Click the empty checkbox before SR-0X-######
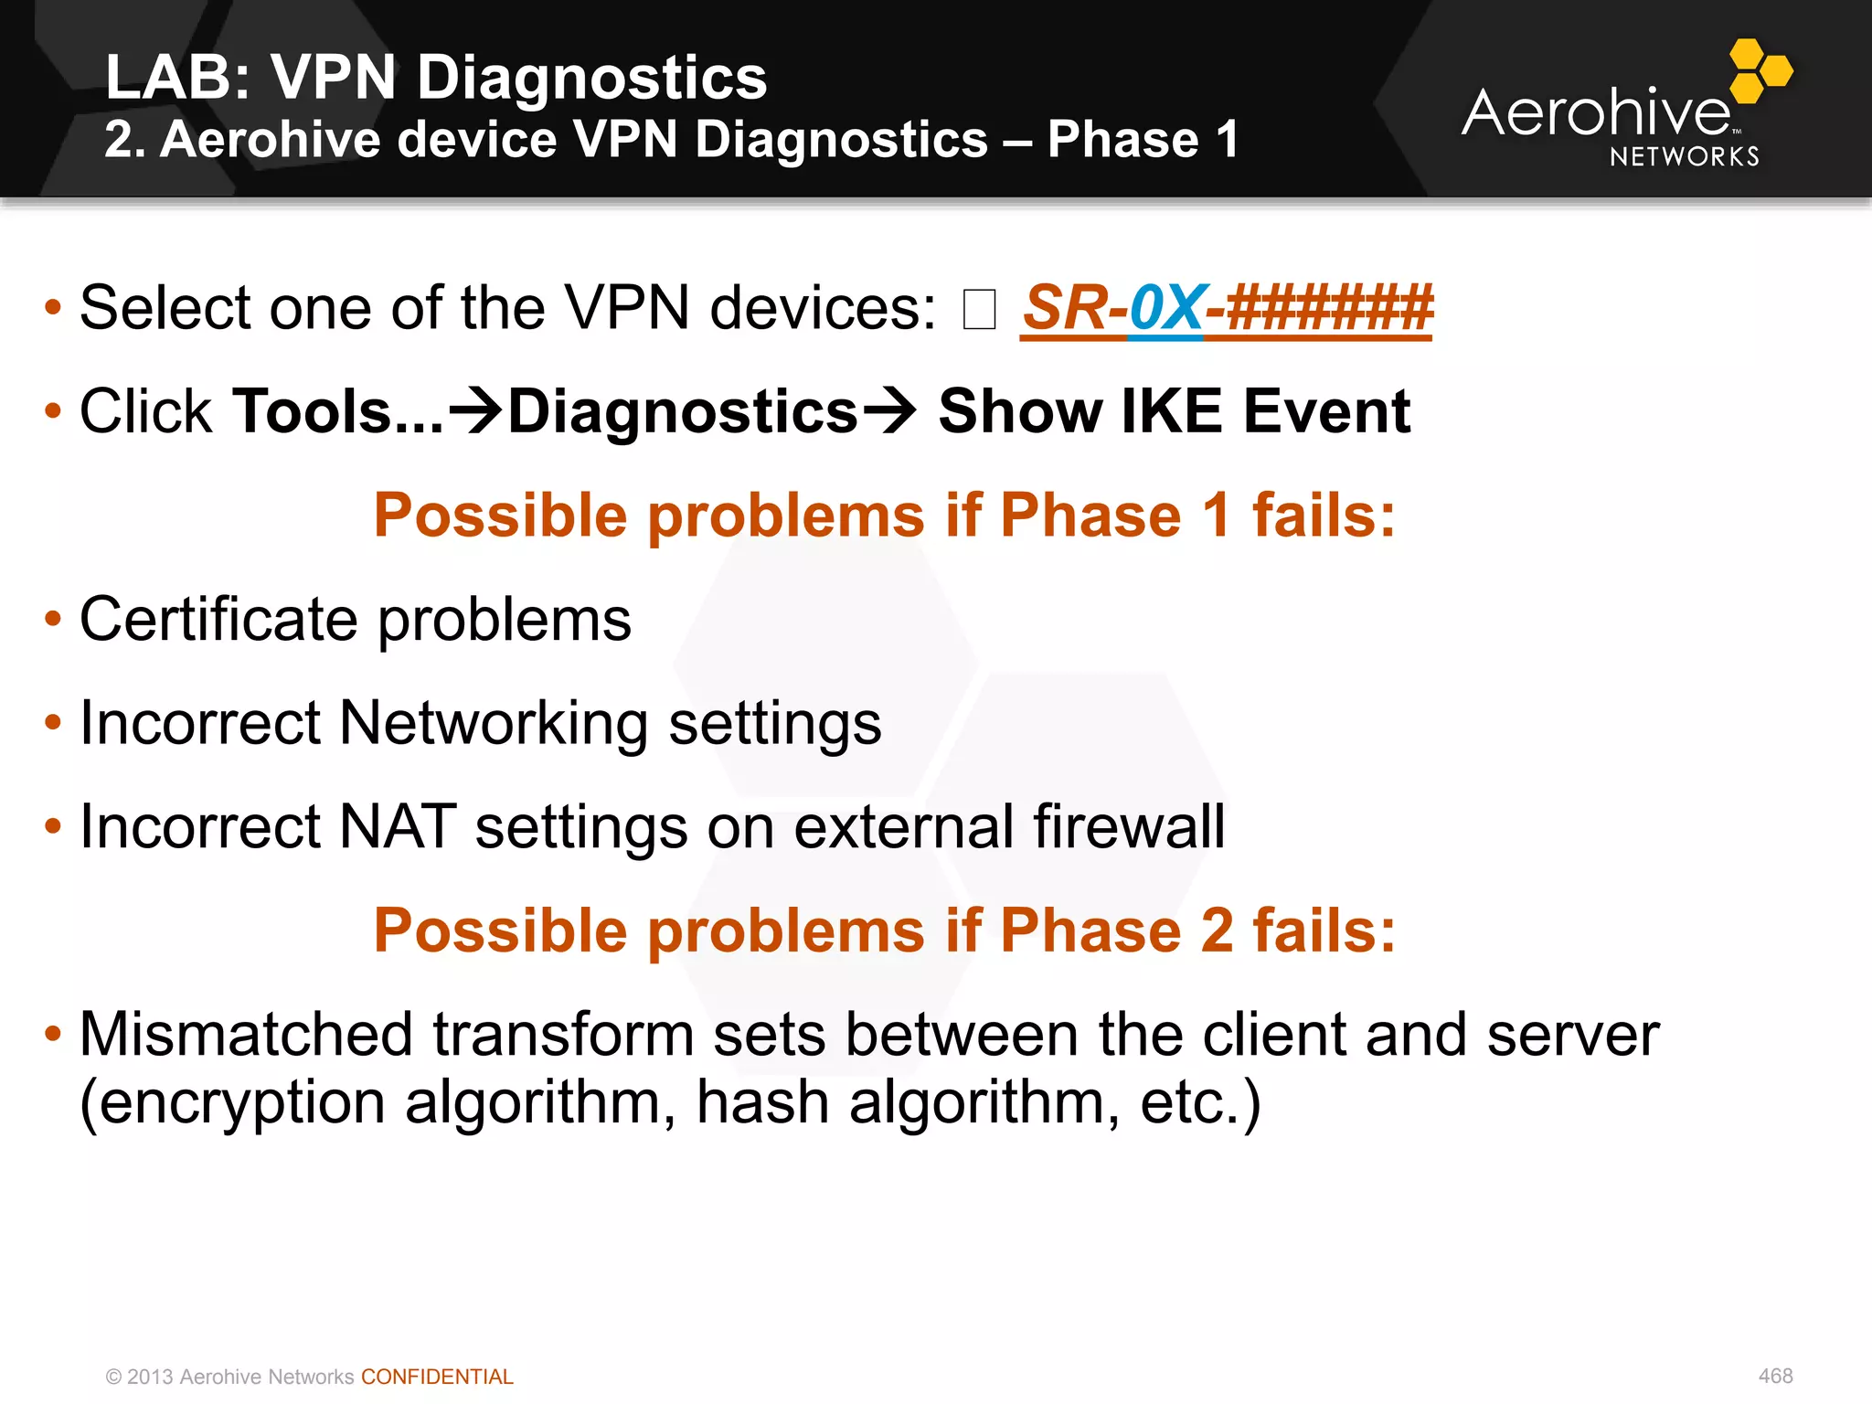click(979, 309)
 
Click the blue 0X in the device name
click(1165, 308)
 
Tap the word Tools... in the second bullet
click(337, 411)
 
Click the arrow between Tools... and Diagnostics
click(476, 411)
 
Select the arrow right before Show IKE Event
click(889, 411)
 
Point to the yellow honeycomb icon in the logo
click(1760, 70)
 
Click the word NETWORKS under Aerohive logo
click(1684, 157)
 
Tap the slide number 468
click(1775, 1376)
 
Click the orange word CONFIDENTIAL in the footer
click(437, 1377)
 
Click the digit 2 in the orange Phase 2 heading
click(1217, 931)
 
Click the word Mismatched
click(247, 1035)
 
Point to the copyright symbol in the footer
click(113, 1377)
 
